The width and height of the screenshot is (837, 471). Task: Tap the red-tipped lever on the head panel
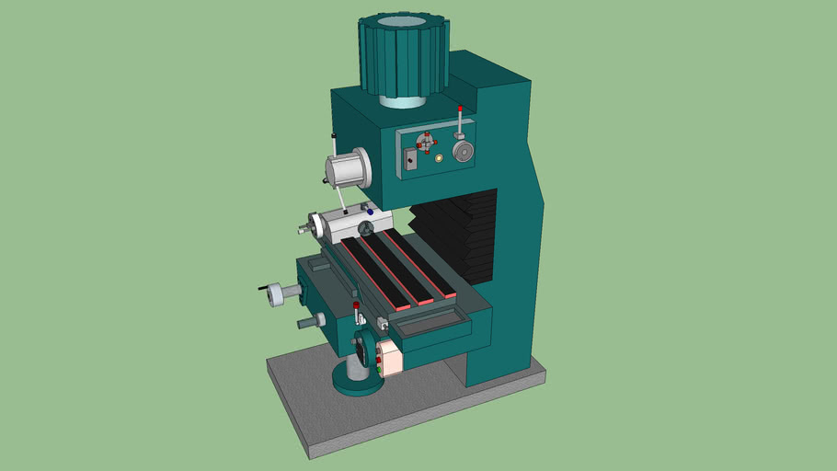tap(460, 121)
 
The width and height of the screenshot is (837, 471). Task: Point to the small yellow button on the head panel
tap(440, 158)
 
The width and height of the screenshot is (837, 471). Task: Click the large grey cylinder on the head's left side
tap(347, 170)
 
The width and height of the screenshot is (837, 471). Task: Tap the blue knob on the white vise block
tap(370, 213)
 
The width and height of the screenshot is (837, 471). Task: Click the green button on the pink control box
tap(378, 370)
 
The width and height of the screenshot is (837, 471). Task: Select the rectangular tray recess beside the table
tap(429, 324)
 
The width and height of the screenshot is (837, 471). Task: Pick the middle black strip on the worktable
tap(396, 268)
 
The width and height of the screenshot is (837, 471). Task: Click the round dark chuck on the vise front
tap(366, 227)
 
